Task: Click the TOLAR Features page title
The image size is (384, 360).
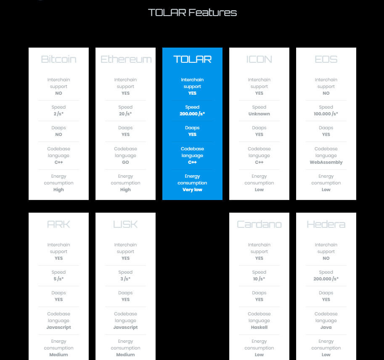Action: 192,13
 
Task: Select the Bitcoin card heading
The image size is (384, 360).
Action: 58,59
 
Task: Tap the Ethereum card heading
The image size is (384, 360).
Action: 126,59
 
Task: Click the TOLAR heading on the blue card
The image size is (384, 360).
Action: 192,59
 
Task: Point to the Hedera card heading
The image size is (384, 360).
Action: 326,224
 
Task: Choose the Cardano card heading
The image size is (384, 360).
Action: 259,224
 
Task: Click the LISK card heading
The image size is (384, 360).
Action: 125,224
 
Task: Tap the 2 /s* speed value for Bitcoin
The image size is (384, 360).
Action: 58,114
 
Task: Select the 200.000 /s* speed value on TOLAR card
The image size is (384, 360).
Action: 192,114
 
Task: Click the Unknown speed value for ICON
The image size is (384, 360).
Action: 259,114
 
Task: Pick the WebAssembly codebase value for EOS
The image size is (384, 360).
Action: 326,163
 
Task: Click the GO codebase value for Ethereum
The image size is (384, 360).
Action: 125,163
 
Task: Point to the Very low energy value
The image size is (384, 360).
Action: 192,190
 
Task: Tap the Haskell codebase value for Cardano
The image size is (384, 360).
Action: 259,328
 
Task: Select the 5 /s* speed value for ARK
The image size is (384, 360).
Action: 58,279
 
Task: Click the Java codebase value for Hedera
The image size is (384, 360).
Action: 326,328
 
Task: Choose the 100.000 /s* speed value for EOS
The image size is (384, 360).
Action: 326,114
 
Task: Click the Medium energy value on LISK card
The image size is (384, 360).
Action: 125,355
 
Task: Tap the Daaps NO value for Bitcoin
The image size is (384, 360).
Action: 58,134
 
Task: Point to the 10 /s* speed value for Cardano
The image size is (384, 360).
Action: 259,279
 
